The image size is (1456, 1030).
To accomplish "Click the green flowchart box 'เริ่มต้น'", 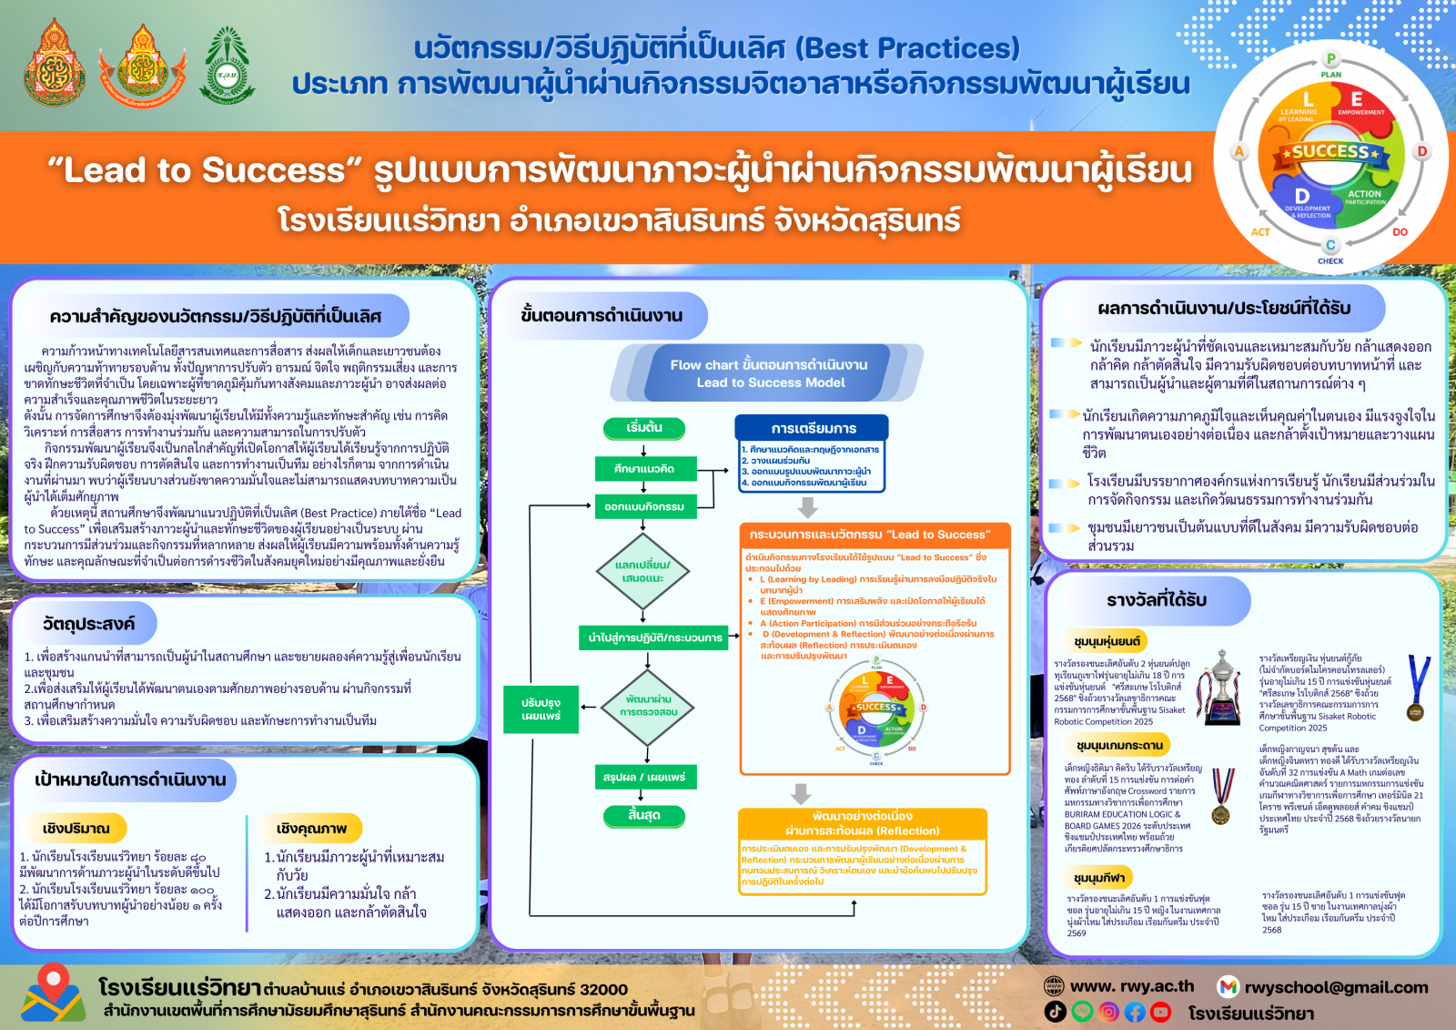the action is click(x=643, y=428).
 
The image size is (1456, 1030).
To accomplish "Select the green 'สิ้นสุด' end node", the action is click(x=643, y=815).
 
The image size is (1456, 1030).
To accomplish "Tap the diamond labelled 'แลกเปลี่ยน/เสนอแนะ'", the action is click(x=643, y=571).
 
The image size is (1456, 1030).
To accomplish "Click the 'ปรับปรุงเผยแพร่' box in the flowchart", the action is click(x=541, y=709).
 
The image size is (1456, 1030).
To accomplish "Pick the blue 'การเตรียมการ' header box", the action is click(x=813, y=428).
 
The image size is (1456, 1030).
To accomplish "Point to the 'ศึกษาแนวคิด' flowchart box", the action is click(x=643, y=469).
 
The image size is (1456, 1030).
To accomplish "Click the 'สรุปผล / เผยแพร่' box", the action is click(x=643, y=777).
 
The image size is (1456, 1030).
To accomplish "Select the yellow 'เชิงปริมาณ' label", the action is click(x=76, y=828).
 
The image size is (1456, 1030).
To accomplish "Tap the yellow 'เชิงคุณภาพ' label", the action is click(x=312, y=828).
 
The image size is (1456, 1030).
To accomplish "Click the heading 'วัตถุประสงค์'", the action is click(x=88, y=624).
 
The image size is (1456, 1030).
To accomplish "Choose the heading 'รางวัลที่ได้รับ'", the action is click(x=1157, y=600).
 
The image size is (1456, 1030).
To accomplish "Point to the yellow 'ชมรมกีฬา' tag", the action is click(x=1099, y=878).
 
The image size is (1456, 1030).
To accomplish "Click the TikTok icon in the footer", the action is click(x=1055, y=1012).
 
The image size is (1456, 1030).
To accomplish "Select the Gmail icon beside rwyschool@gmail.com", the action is click(x=1228, y=987).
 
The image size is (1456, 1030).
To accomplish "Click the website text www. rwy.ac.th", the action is click(x=1132, y=986).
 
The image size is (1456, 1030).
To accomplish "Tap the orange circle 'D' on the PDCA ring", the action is click(x=1421, y=151).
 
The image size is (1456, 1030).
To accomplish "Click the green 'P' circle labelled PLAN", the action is click(x=1330, y=59).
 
